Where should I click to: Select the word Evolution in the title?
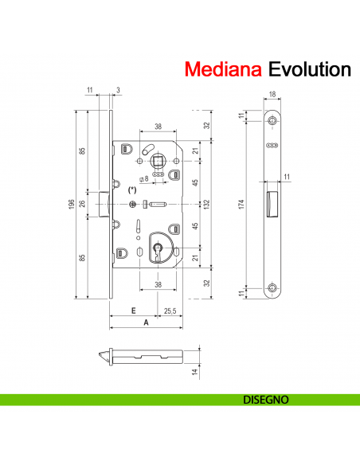pyautogui.click(x=309, y=69)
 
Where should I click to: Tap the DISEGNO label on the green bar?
pyautogui.click(x=265, y=399)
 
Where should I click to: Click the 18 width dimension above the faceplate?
pyautogui.click(x=273, y=95)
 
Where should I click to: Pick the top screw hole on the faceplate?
pyautogui.click(x=273, y=119)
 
